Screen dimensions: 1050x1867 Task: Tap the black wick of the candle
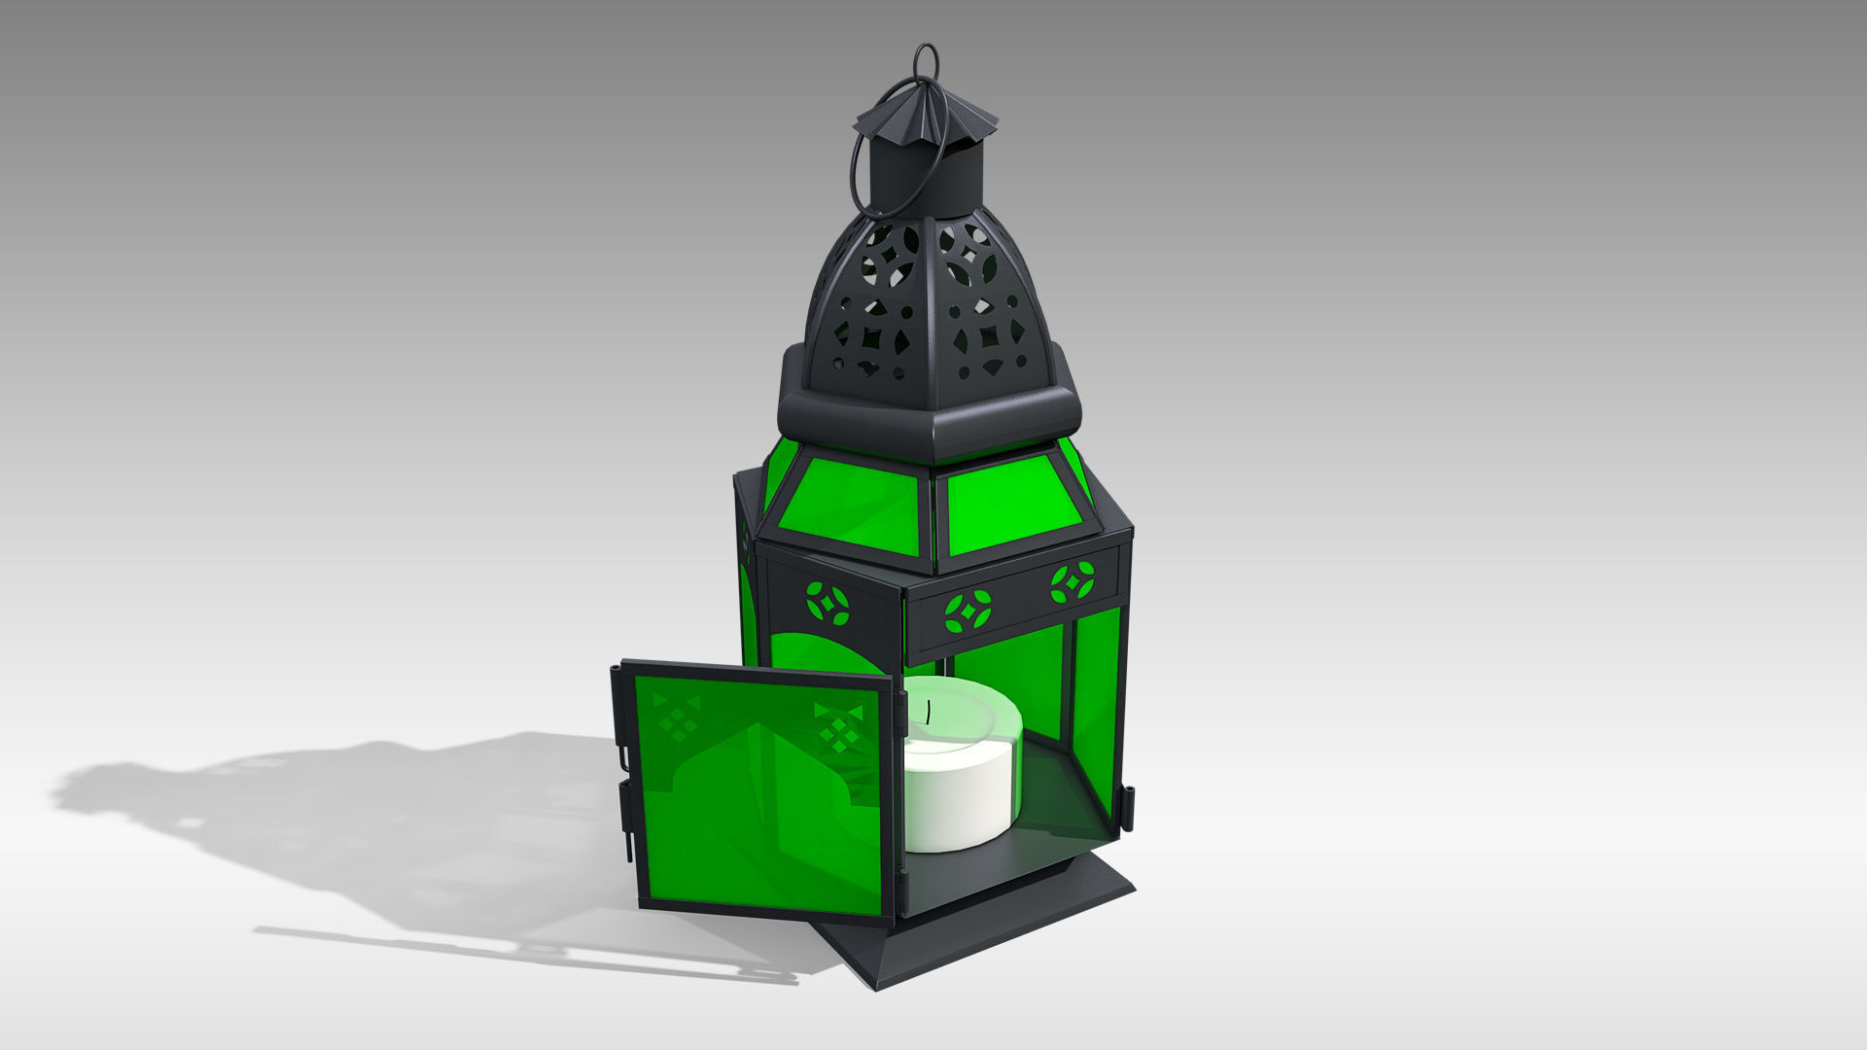coord(931,713)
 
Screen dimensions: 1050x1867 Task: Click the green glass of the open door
coord(758,826)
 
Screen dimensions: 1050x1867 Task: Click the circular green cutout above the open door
coord(828,604)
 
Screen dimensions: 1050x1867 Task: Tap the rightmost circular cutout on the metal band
coord(1073,582)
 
